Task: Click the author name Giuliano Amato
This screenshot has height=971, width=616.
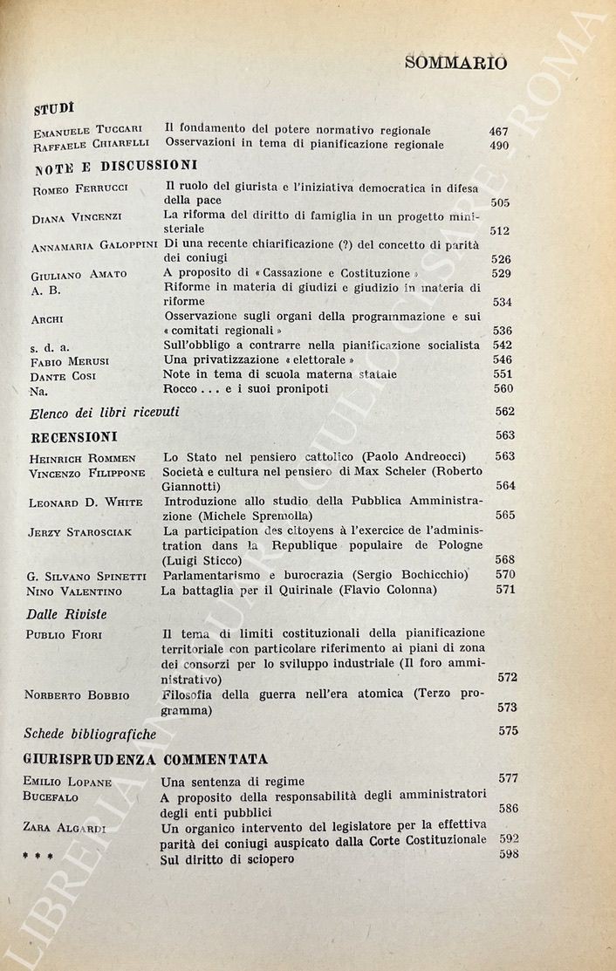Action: (x=79, y=275)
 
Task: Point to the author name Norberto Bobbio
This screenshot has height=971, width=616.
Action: (x=77, y=695)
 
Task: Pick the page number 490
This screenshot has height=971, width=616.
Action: (x=499, y=146)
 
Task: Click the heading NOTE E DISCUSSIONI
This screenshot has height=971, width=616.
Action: (x=115, y=165)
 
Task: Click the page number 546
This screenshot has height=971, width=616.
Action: (x=503, y=359)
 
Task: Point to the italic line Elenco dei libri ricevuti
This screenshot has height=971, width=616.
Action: (x=104, y=412)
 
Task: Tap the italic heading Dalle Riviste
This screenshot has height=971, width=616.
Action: (x=66, y=614)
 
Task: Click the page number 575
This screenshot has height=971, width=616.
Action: (x=508, y=731)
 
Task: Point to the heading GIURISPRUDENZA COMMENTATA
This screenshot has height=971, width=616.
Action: (x=148, y=757)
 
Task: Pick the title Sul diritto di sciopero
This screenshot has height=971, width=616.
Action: (x=227, y=859)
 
